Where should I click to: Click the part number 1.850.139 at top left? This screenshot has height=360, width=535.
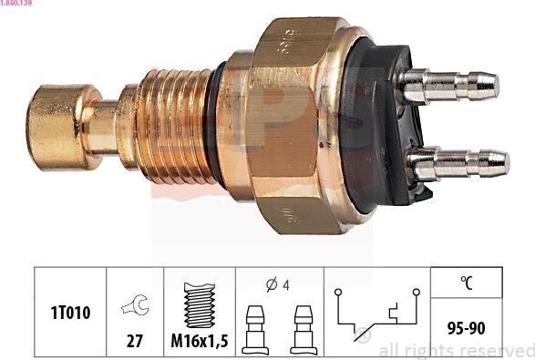click(x=17, y=5)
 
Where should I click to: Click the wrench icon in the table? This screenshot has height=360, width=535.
click(x=135, y=308)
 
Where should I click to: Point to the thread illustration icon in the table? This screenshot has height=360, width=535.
click(x=200, y=304)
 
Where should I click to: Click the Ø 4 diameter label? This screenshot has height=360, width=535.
click(x=278, y=283)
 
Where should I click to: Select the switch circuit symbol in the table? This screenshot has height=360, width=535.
click(x=376, y=314)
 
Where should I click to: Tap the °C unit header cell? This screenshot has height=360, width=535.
click(x=465, y=283)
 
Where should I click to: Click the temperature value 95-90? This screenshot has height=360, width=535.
click(x=465, y=326)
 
